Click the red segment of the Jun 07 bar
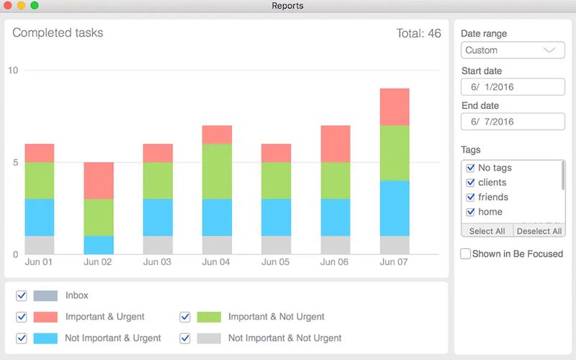coord(395,107)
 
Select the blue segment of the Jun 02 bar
coord(98,245)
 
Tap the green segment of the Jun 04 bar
coord(217,171)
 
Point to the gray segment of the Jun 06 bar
coord(336,245)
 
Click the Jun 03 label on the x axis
coord(157,262)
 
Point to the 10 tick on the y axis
coord(13,70)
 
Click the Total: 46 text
coord(418,33)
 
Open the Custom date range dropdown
coord(512,50)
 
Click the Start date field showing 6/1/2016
coord(512,86)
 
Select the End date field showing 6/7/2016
coord(512,122)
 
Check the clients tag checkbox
coord(471,183)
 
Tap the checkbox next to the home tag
coord(471,212)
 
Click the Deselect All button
coord(539,231)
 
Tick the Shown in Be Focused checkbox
coord(466,253)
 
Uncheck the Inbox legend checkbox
coord(22,295)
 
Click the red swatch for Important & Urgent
coord(45,317)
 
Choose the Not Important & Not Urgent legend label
coord(284,338)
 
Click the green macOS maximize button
coord(35,6)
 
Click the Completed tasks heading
coord(58,32)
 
